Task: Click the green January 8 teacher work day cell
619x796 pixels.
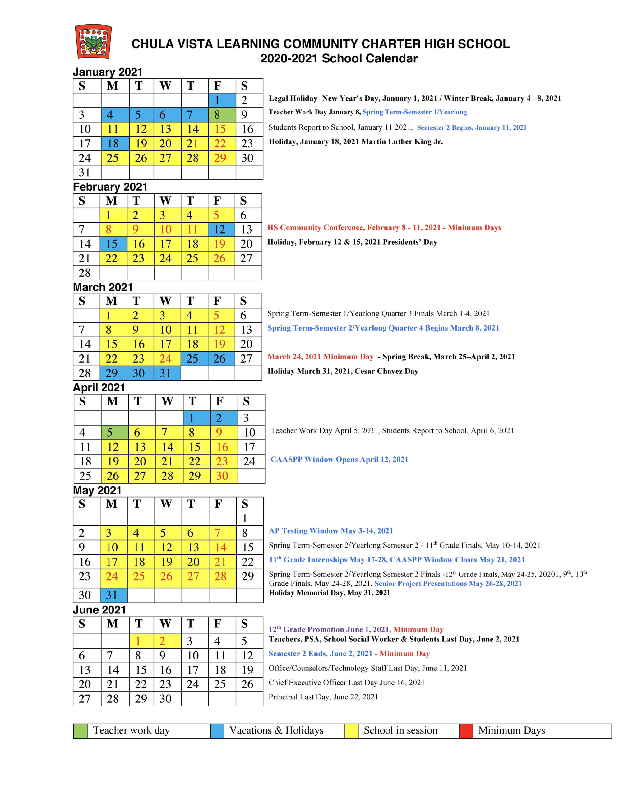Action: tap(222, 115)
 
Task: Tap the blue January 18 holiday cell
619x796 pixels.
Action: tap(115, 144)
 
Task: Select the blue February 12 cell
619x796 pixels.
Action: tap(221, 229)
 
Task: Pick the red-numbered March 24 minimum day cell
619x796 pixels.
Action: tap(167, 359)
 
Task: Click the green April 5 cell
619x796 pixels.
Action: tap(115, 433)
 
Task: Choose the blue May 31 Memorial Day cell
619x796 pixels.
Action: tap(114, 595)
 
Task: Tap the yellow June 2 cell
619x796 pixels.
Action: tap(167, 641)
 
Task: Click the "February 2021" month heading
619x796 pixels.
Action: tap(110, 187)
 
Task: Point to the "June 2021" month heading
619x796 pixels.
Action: tap(99, 610)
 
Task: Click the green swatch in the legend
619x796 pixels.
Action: tap(81, 731)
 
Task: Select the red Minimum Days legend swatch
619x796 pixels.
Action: tap(466, 731)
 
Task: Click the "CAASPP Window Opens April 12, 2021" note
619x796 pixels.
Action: tap(339, 460)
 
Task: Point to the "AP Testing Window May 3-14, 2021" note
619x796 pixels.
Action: tap(331, 531)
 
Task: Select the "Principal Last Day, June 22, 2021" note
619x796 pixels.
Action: tap(323, 697)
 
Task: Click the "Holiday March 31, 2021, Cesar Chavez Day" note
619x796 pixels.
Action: tap(343, 371)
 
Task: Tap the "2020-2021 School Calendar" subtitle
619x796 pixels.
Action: tap(339, 58)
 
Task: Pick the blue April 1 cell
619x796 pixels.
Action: tap(197, 418)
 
